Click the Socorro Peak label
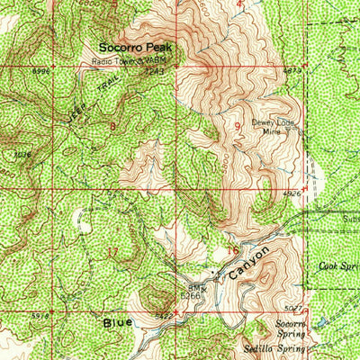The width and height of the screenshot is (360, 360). pyautogui.click(x=137, y=48)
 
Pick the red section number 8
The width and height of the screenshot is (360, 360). pyautogui.click(x=112, y=126)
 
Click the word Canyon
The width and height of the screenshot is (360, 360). pyautogui.click(x=248, y=264)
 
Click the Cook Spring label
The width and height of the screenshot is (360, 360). pyautogui.click(x=338, y=266)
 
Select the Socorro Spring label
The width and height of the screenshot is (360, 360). pyautogui.click(x=292, y=326)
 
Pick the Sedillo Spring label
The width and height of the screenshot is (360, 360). pyautogui.click(x=273, y=346)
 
